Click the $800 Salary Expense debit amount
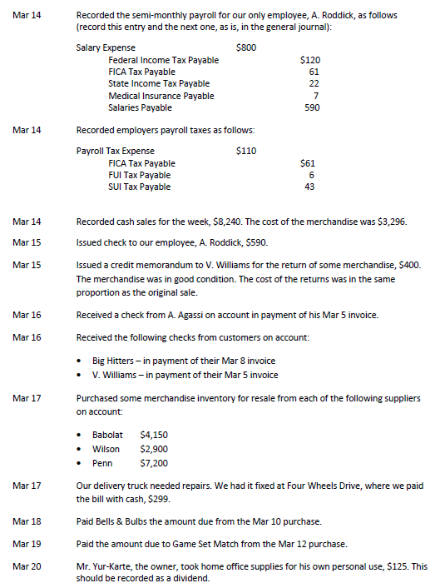point(246,48)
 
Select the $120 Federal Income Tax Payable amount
point(309,61)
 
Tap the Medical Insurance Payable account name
point(161,96)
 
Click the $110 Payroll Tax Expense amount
point(246,152)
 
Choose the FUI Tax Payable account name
point(139,175)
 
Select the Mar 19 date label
point(27,544)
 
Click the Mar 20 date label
point(27,566)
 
